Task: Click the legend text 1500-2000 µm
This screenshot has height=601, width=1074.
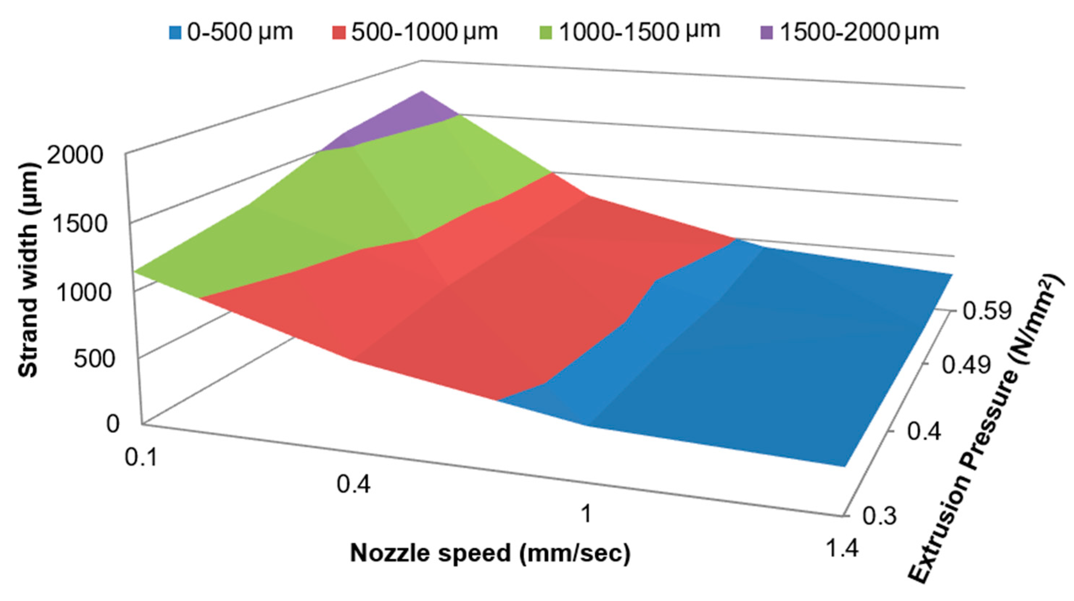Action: click(859, 32)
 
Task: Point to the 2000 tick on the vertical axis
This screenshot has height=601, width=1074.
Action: click(75, 156)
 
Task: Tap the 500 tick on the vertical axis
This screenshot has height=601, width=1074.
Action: click(94, 359)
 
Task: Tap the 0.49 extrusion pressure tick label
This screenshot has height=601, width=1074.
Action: click(966, 366)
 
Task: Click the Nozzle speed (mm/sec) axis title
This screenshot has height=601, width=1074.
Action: click(490, 553)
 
